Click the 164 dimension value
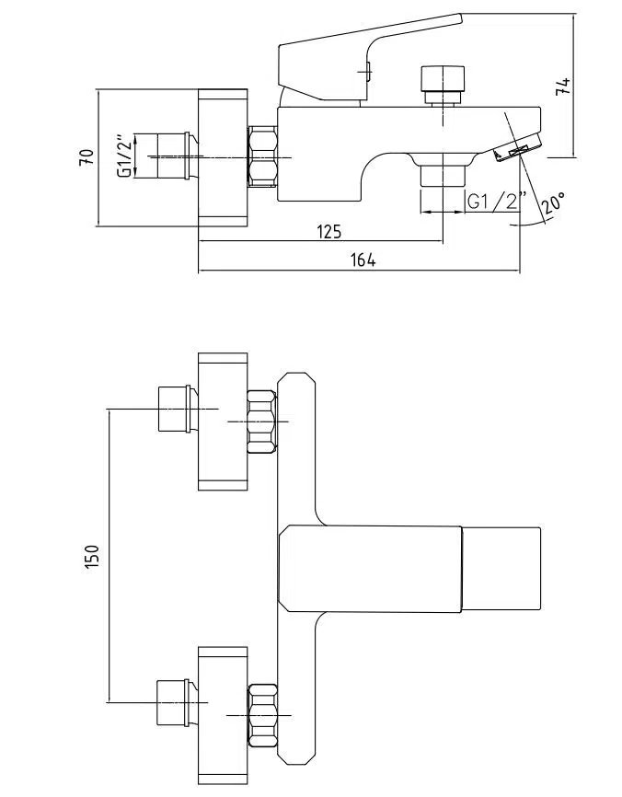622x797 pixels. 363,260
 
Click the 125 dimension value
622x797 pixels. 329,231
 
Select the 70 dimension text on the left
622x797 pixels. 86,156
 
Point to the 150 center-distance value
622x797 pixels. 91,557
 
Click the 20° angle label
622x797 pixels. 553,202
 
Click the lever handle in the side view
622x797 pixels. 368,46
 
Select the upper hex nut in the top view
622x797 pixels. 262,422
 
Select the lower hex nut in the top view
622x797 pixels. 262,715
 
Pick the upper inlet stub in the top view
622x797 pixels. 173,409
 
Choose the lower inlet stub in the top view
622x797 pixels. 173,703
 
